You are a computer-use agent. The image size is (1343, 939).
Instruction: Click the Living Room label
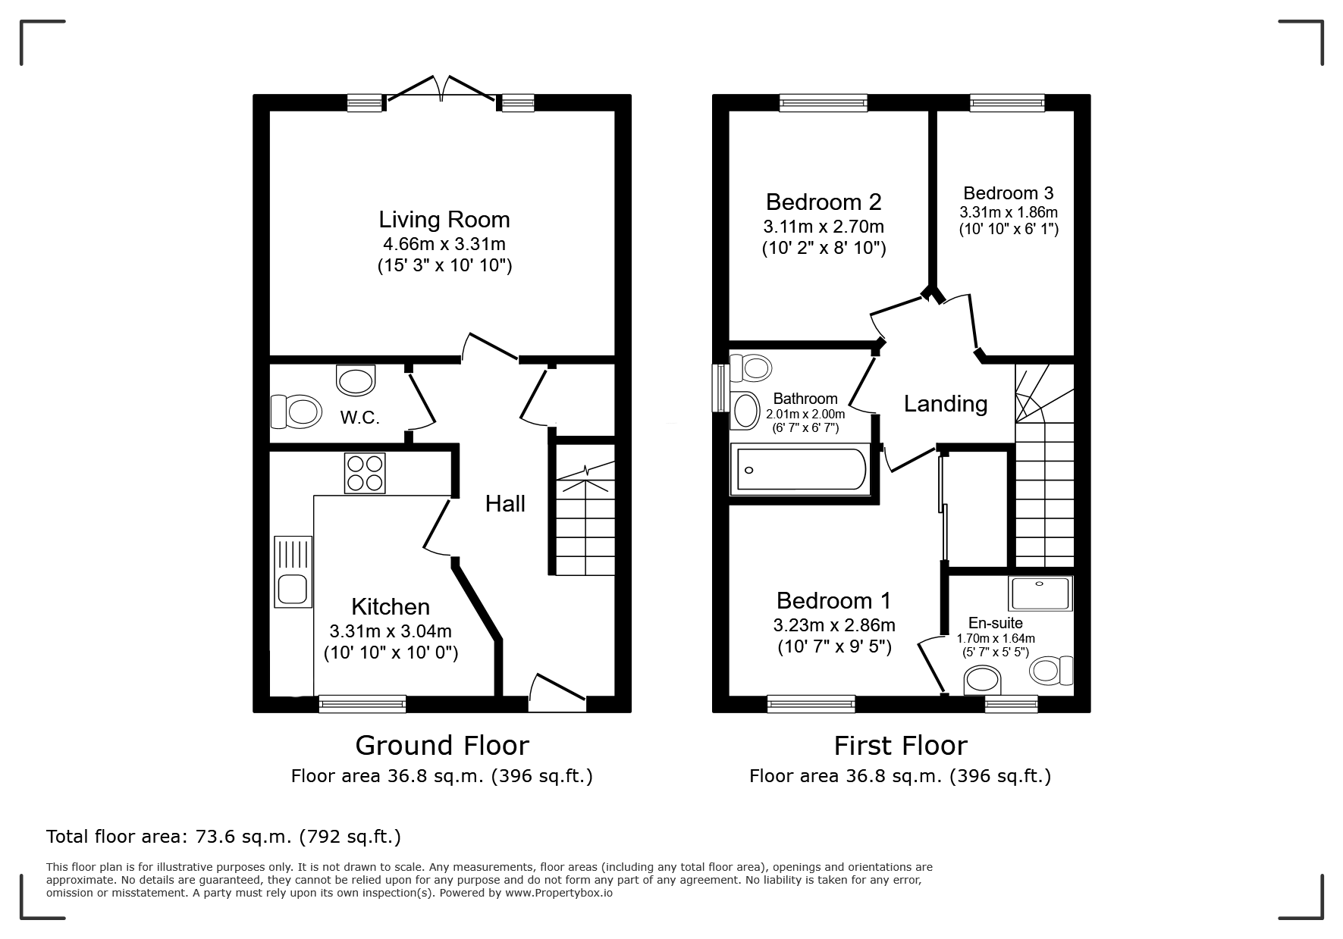[x=444, y=220]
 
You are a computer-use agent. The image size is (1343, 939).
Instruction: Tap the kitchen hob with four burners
[x=365, y=472]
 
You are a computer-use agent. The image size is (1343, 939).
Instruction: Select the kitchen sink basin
[x=291, y=589]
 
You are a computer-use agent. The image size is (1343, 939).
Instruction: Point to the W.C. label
[x=359, y=417]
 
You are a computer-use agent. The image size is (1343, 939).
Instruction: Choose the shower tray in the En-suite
[x=1040, y=593]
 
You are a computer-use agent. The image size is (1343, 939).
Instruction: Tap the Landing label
[x=946, y=404]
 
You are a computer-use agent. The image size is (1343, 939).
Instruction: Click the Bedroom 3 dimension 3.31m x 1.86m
[x=1009, y=212]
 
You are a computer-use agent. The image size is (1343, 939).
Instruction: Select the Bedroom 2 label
[x=824, y=202]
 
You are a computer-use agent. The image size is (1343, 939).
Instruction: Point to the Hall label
[x=505, y=504]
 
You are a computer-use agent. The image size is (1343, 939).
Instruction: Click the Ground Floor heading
[x=442, y=746]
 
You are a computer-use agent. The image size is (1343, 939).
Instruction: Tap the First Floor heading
[x=901, y=746]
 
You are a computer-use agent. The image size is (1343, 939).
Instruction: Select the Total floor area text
[x=224, y=837]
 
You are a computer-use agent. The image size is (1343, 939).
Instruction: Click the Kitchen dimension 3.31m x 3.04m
[x=391, y=631]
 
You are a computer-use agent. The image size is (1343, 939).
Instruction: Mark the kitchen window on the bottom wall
[x=362, y=704]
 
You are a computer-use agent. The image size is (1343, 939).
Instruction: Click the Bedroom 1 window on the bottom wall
[x=811, y=704]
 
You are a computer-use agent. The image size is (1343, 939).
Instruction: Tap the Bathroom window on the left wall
[x=718, y=389]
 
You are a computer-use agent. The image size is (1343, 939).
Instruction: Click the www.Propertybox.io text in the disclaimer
[x=559, y=893]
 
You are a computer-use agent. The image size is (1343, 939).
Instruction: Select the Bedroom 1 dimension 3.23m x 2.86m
[x=834, y=625]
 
